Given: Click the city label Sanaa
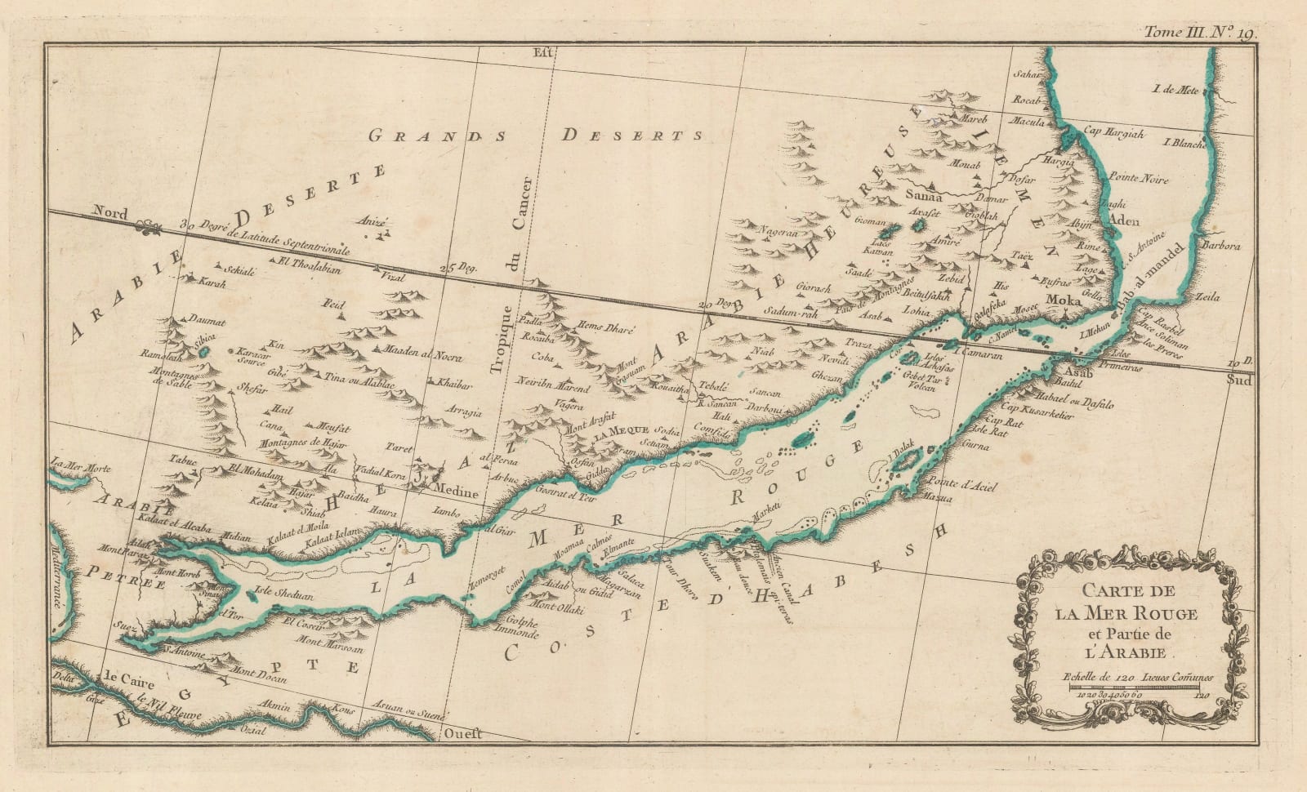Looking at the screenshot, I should pos(924,197).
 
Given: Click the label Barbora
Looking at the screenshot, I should pos(1234,223).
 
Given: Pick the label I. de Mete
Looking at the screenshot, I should pos(1175,89).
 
